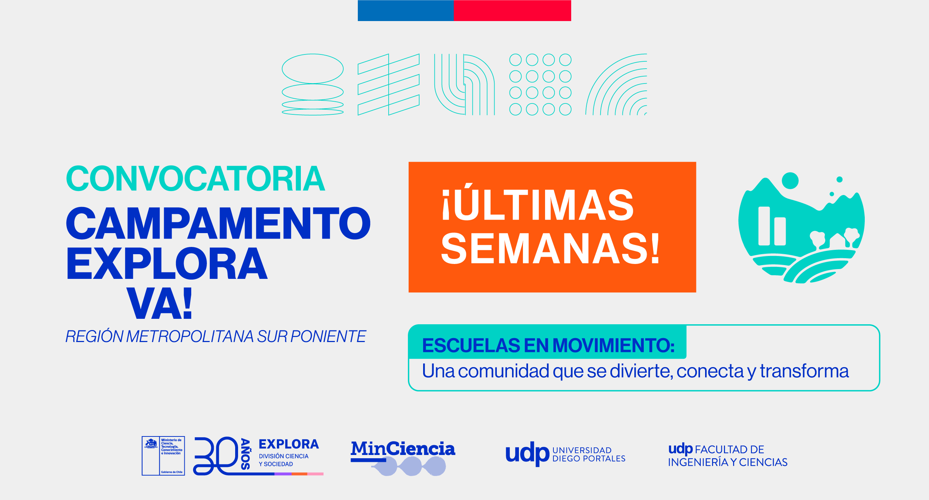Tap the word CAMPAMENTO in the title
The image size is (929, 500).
pyautogui.click(x=218, y=223)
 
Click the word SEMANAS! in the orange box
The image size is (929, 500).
pyautogui.click(x=550, y=249)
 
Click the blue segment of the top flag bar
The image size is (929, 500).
pyautogui.click(x=405, y=11)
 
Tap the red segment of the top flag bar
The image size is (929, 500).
pyautogui.click(x=512, y=11)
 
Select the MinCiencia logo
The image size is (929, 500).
pyautogui.click(x=403, y=457)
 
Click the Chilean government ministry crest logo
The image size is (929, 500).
pyautogui.click(x=163, y=456)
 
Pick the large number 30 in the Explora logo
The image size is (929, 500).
pyautogui.click(x=216, y=456)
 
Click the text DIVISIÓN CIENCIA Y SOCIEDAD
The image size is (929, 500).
pyautogui.click(x=283, y=460)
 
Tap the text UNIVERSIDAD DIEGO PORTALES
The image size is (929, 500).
pyautogui.click(x=589, y=455)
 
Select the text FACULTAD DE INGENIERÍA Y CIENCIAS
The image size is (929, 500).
pyautogui.click(x=728, y=456)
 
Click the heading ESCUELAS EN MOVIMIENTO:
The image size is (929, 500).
pyautogui.click(x=548, y=345)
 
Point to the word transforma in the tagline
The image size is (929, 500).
pyautogui.click(x=804, y=371)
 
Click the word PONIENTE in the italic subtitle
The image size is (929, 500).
pyautogui.click(x=328, y=337)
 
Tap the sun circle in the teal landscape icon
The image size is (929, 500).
pyautogui.click(x=790, y=180)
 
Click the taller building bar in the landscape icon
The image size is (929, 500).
pyautogui.click(x=764, y=226)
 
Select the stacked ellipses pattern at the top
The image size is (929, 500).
pyautogui.click(x=312, y=85)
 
